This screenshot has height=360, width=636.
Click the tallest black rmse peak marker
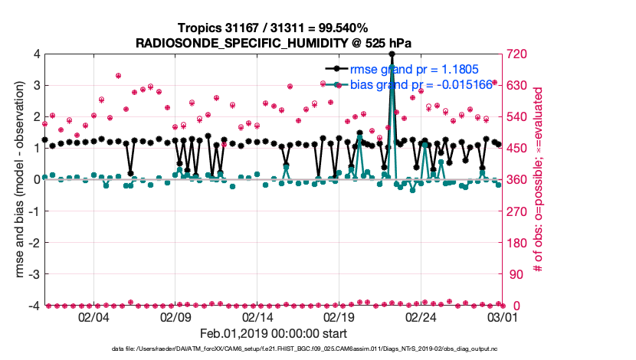[392, 54]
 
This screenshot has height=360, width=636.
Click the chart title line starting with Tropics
[272, 28]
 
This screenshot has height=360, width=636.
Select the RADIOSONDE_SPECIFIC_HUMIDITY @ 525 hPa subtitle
[272, 42]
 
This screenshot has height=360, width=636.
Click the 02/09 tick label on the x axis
[175, 316]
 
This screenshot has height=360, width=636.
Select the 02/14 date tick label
[257, 316]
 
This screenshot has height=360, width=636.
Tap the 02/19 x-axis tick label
[339, 316]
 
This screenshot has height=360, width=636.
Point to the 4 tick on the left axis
[36, 54]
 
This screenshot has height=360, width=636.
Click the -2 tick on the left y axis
[34, 243]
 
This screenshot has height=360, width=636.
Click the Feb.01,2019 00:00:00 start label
[274, 334]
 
